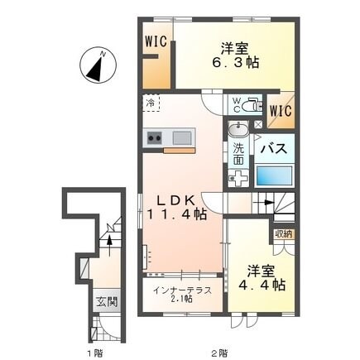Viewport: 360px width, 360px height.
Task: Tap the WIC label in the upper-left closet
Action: pyautogui.click(x=155, y=41)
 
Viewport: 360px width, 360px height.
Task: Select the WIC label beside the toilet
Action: pyautogui.click(x=279, y=108)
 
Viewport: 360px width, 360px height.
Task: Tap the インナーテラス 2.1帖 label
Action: pyautogui.click(x=182, y=294)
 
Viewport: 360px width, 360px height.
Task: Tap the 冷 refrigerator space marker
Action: pyautogui.click(x=151, y=104)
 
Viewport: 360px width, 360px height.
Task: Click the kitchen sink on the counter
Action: pyautogui.click(x=181, y=137)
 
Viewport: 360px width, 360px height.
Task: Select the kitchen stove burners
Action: pyautogui.click(x=155, y=137)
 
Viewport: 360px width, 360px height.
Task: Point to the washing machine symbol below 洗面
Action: pyautogui.click(x=238, y=179)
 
